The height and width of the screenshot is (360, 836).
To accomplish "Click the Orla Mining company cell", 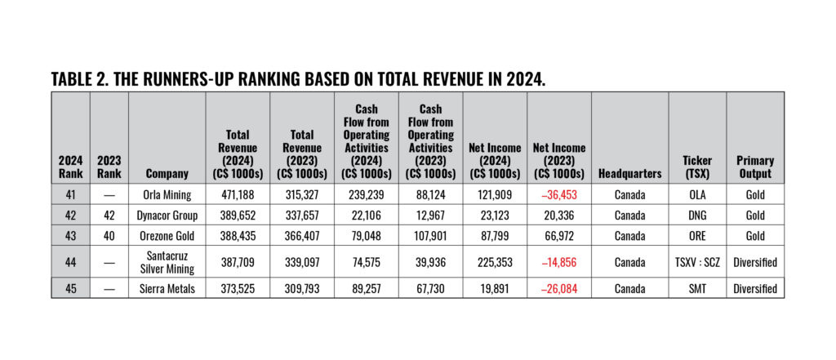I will point(166,194).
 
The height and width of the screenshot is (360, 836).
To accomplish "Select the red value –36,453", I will point(558,194).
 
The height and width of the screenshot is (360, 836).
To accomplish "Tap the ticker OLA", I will point(696,194).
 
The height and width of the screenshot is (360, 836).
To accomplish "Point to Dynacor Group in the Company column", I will point(166,215).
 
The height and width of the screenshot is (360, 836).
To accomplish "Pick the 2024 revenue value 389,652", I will point(238,215).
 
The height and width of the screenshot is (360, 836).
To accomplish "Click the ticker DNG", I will point(696,215).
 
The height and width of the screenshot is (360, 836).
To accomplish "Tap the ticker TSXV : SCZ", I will point(696,262).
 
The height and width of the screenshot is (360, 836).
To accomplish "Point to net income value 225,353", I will point(495,262).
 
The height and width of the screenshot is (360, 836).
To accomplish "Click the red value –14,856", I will point(558,262).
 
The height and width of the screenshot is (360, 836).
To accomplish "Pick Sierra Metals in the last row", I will point(166,288).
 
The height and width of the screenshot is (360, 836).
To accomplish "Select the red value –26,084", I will point(558,288).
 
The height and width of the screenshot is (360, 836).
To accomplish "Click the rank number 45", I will point(70,288).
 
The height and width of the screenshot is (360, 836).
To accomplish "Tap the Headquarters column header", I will point(629,173).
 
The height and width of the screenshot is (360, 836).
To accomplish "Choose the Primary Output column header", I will point(755,167).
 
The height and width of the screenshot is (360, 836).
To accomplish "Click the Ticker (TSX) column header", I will point(696,167).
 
